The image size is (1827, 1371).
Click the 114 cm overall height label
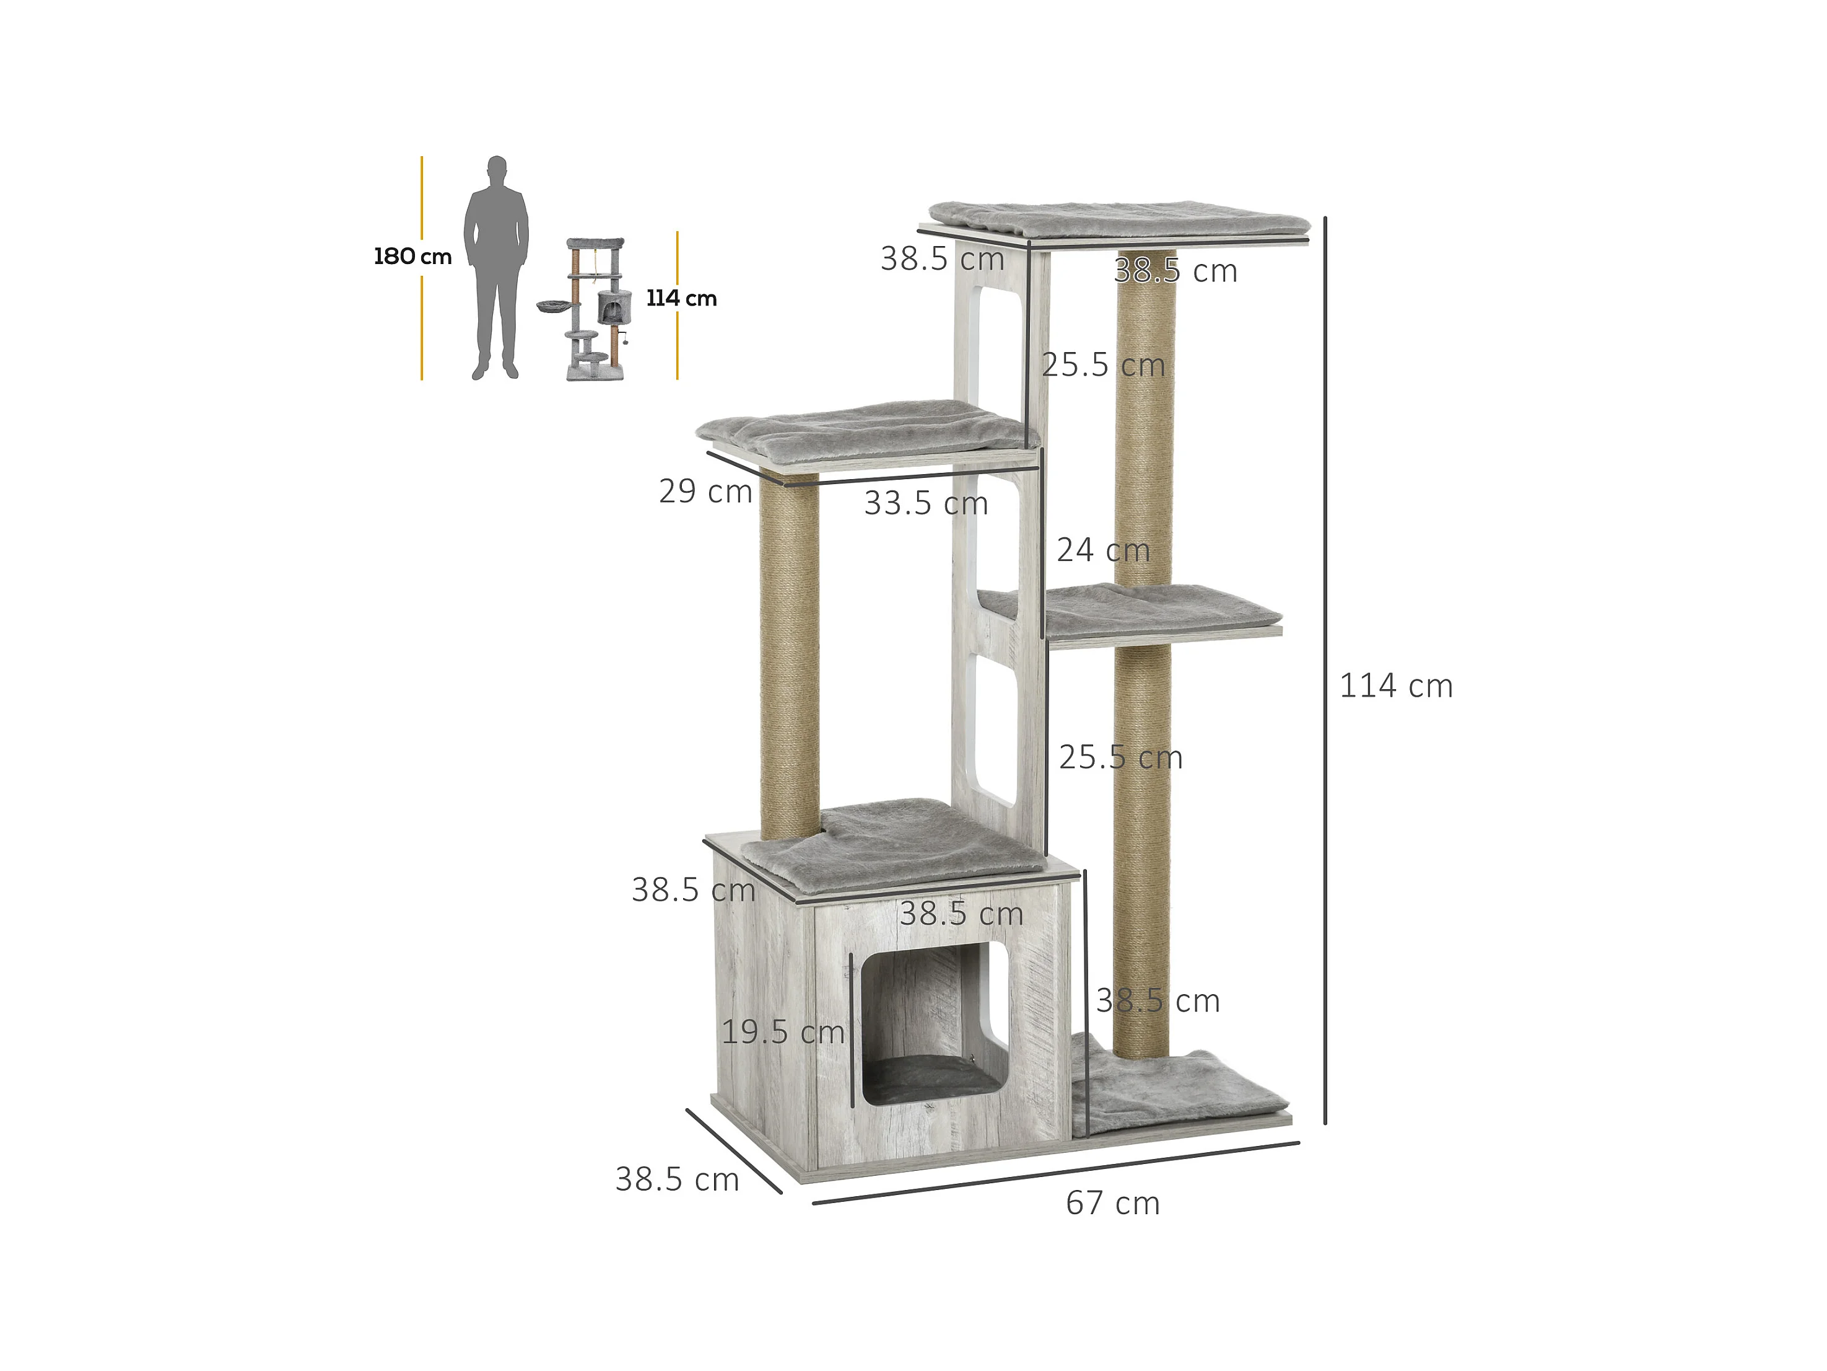1396,686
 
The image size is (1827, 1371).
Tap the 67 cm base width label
1112,1203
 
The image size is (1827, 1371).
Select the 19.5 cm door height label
783,1031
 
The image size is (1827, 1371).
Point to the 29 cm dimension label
705,491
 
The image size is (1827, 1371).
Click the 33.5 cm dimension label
926,503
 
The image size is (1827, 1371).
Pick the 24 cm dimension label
1104,550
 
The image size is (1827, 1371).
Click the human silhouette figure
495,268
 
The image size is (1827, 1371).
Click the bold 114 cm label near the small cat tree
681,298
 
